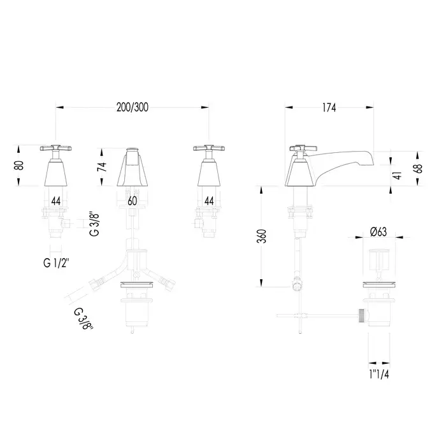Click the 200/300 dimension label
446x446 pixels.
[133, 107]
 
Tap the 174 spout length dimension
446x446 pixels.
[329, 108]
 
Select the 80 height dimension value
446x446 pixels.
[19, 165]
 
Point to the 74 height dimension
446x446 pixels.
[102, 166]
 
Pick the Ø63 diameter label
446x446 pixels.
[378, 232]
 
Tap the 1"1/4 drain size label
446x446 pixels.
[379, 375]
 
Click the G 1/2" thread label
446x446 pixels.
[56, 263]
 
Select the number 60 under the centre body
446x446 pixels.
[133, 201]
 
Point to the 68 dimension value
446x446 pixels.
[419, 168]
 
